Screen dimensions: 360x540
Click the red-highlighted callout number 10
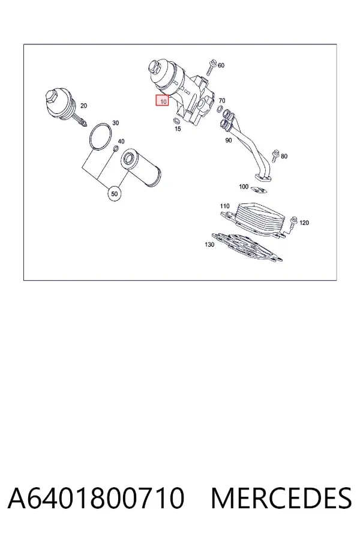pyautogui.click(x=162, y=101)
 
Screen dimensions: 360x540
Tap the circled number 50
pyautogui.click(x=115, y=194)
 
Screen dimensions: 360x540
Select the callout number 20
pyautogui.click(x=83, y=106)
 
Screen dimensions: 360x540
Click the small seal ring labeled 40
pyautogui.click(x=116, y=149)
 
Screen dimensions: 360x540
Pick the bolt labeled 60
pyautogui.click(x=211, y=67)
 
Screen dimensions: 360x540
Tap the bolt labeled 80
pyautogui.click(x=275, y=155)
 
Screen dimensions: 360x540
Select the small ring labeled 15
pyautogui.click(x=176, y=121)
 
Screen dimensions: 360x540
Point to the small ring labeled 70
pyautogui.click(x=219, y=110)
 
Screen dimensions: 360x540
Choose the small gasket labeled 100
pyautogui.click(x=259, y=190)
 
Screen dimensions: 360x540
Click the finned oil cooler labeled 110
pyautogui.click(x=255, y=218)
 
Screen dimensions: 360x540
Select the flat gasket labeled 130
pyautogui.click(x=247, y=246)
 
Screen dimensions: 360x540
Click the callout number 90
pyautogui.click(x=229, y=140)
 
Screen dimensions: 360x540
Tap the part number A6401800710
pyautogui.click(x=96, y=499)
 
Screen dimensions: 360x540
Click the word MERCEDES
pyautogui.click(x=281, y=499)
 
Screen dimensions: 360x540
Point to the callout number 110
pyautogui.click(x=224, y=206)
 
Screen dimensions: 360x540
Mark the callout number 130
pyautogui.click(x=209, y=245)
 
